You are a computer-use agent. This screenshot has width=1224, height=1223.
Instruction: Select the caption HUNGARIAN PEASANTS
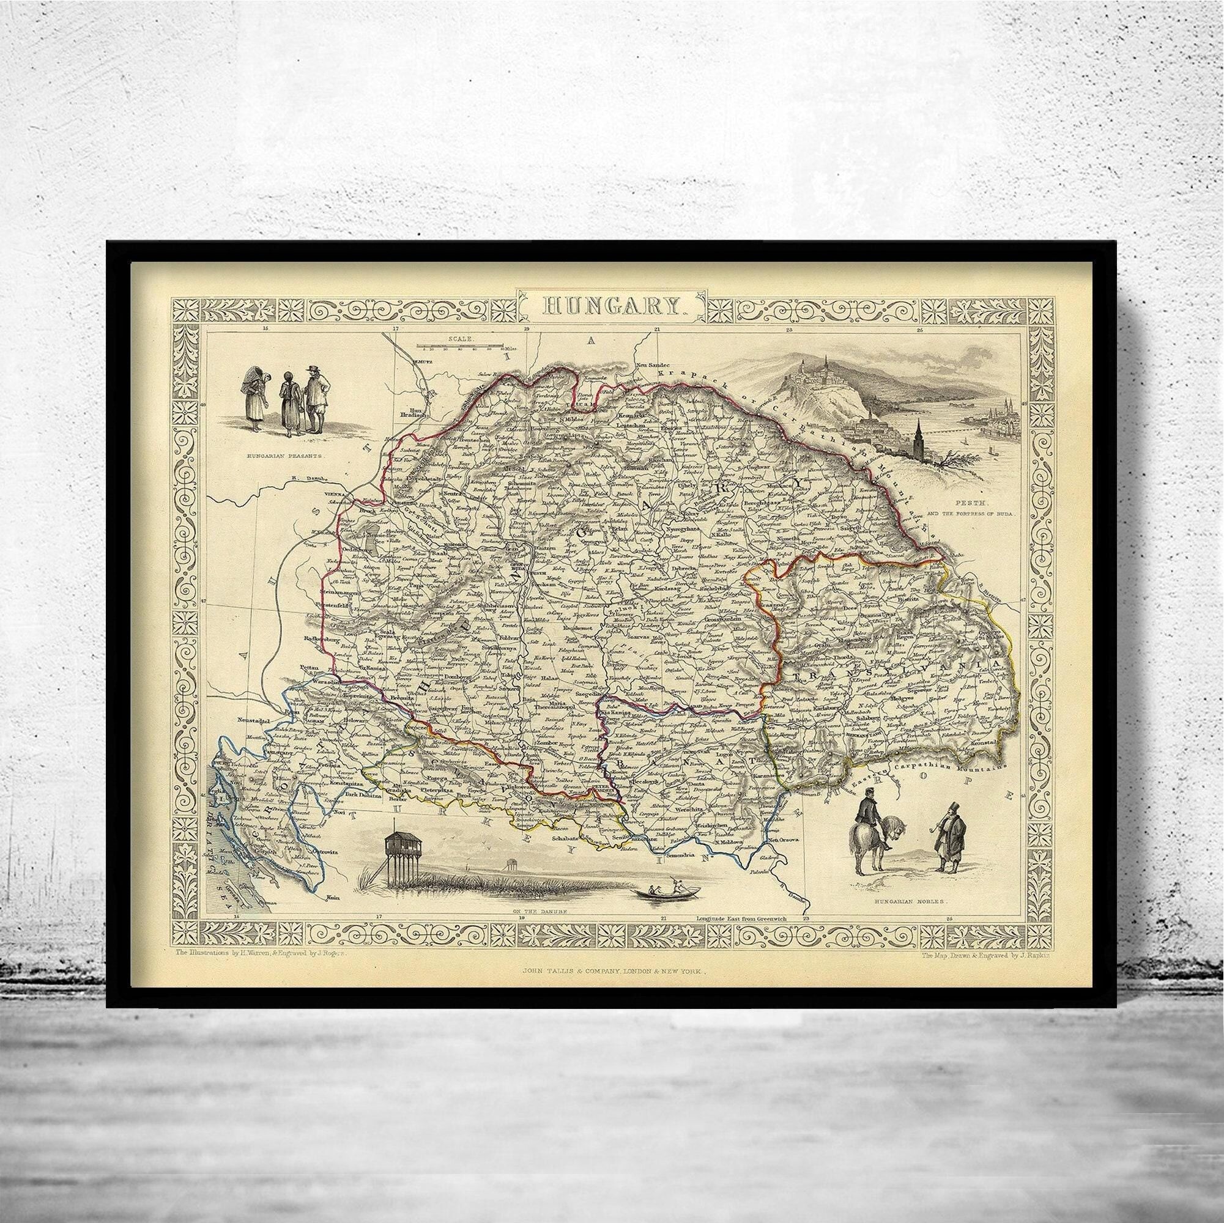(x=284, y=455)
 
